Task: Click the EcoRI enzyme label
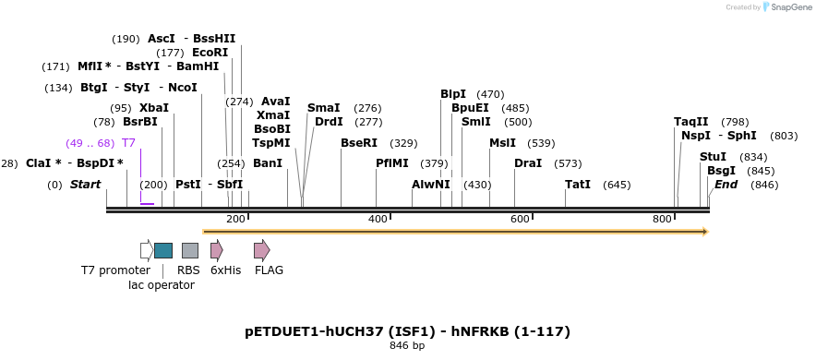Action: (x=210, y=53)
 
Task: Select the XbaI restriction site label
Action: (x=154, y=108)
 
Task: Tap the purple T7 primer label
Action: (x=128, y=143)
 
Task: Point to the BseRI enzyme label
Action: (x=359, y=143)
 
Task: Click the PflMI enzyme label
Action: (x=391, y=163)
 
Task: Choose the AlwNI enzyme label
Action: (x=430, y=185)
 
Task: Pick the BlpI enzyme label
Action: (x=453, y=94)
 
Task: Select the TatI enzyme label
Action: (x=578, y=185)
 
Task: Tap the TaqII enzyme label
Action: (x=691, y=122)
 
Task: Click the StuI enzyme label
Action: (x=714, y=157)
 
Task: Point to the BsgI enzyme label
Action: (x=721, y=171)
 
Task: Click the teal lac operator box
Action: (x=163, y=250)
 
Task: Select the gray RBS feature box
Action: (x=190, y=250)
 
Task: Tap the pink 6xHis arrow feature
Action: (x=217, y=250)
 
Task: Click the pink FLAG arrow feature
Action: (x=262, y=250)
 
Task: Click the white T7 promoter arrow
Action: (x=146, y=250)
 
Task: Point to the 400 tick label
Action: (x=378, y=219)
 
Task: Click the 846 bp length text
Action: (x=407, y=346)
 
